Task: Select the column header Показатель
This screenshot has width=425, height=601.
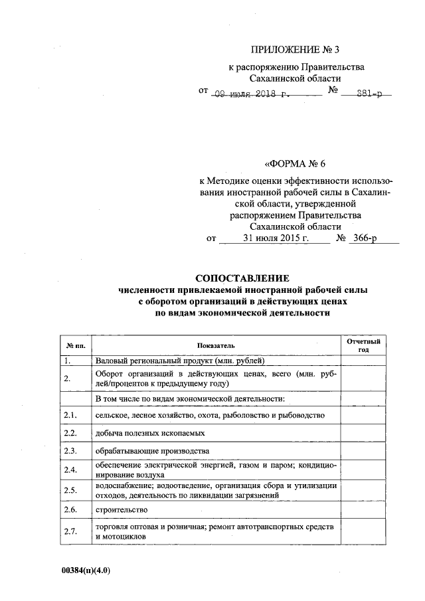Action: pos(216,345)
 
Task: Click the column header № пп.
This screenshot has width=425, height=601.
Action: pos(74,345)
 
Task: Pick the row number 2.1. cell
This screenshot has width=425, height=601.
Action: pos(70,416)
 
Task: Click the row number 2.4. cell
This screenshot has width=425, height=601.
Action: pos(70,470)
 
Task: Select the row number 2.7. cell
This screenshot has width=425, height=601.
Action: pos(70,531)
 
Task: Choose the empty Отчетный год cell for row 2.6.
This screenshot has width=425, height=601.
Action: pos(363,510)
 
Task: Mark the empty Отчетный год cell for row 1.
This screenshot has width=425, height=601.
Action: pos(363,361)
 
